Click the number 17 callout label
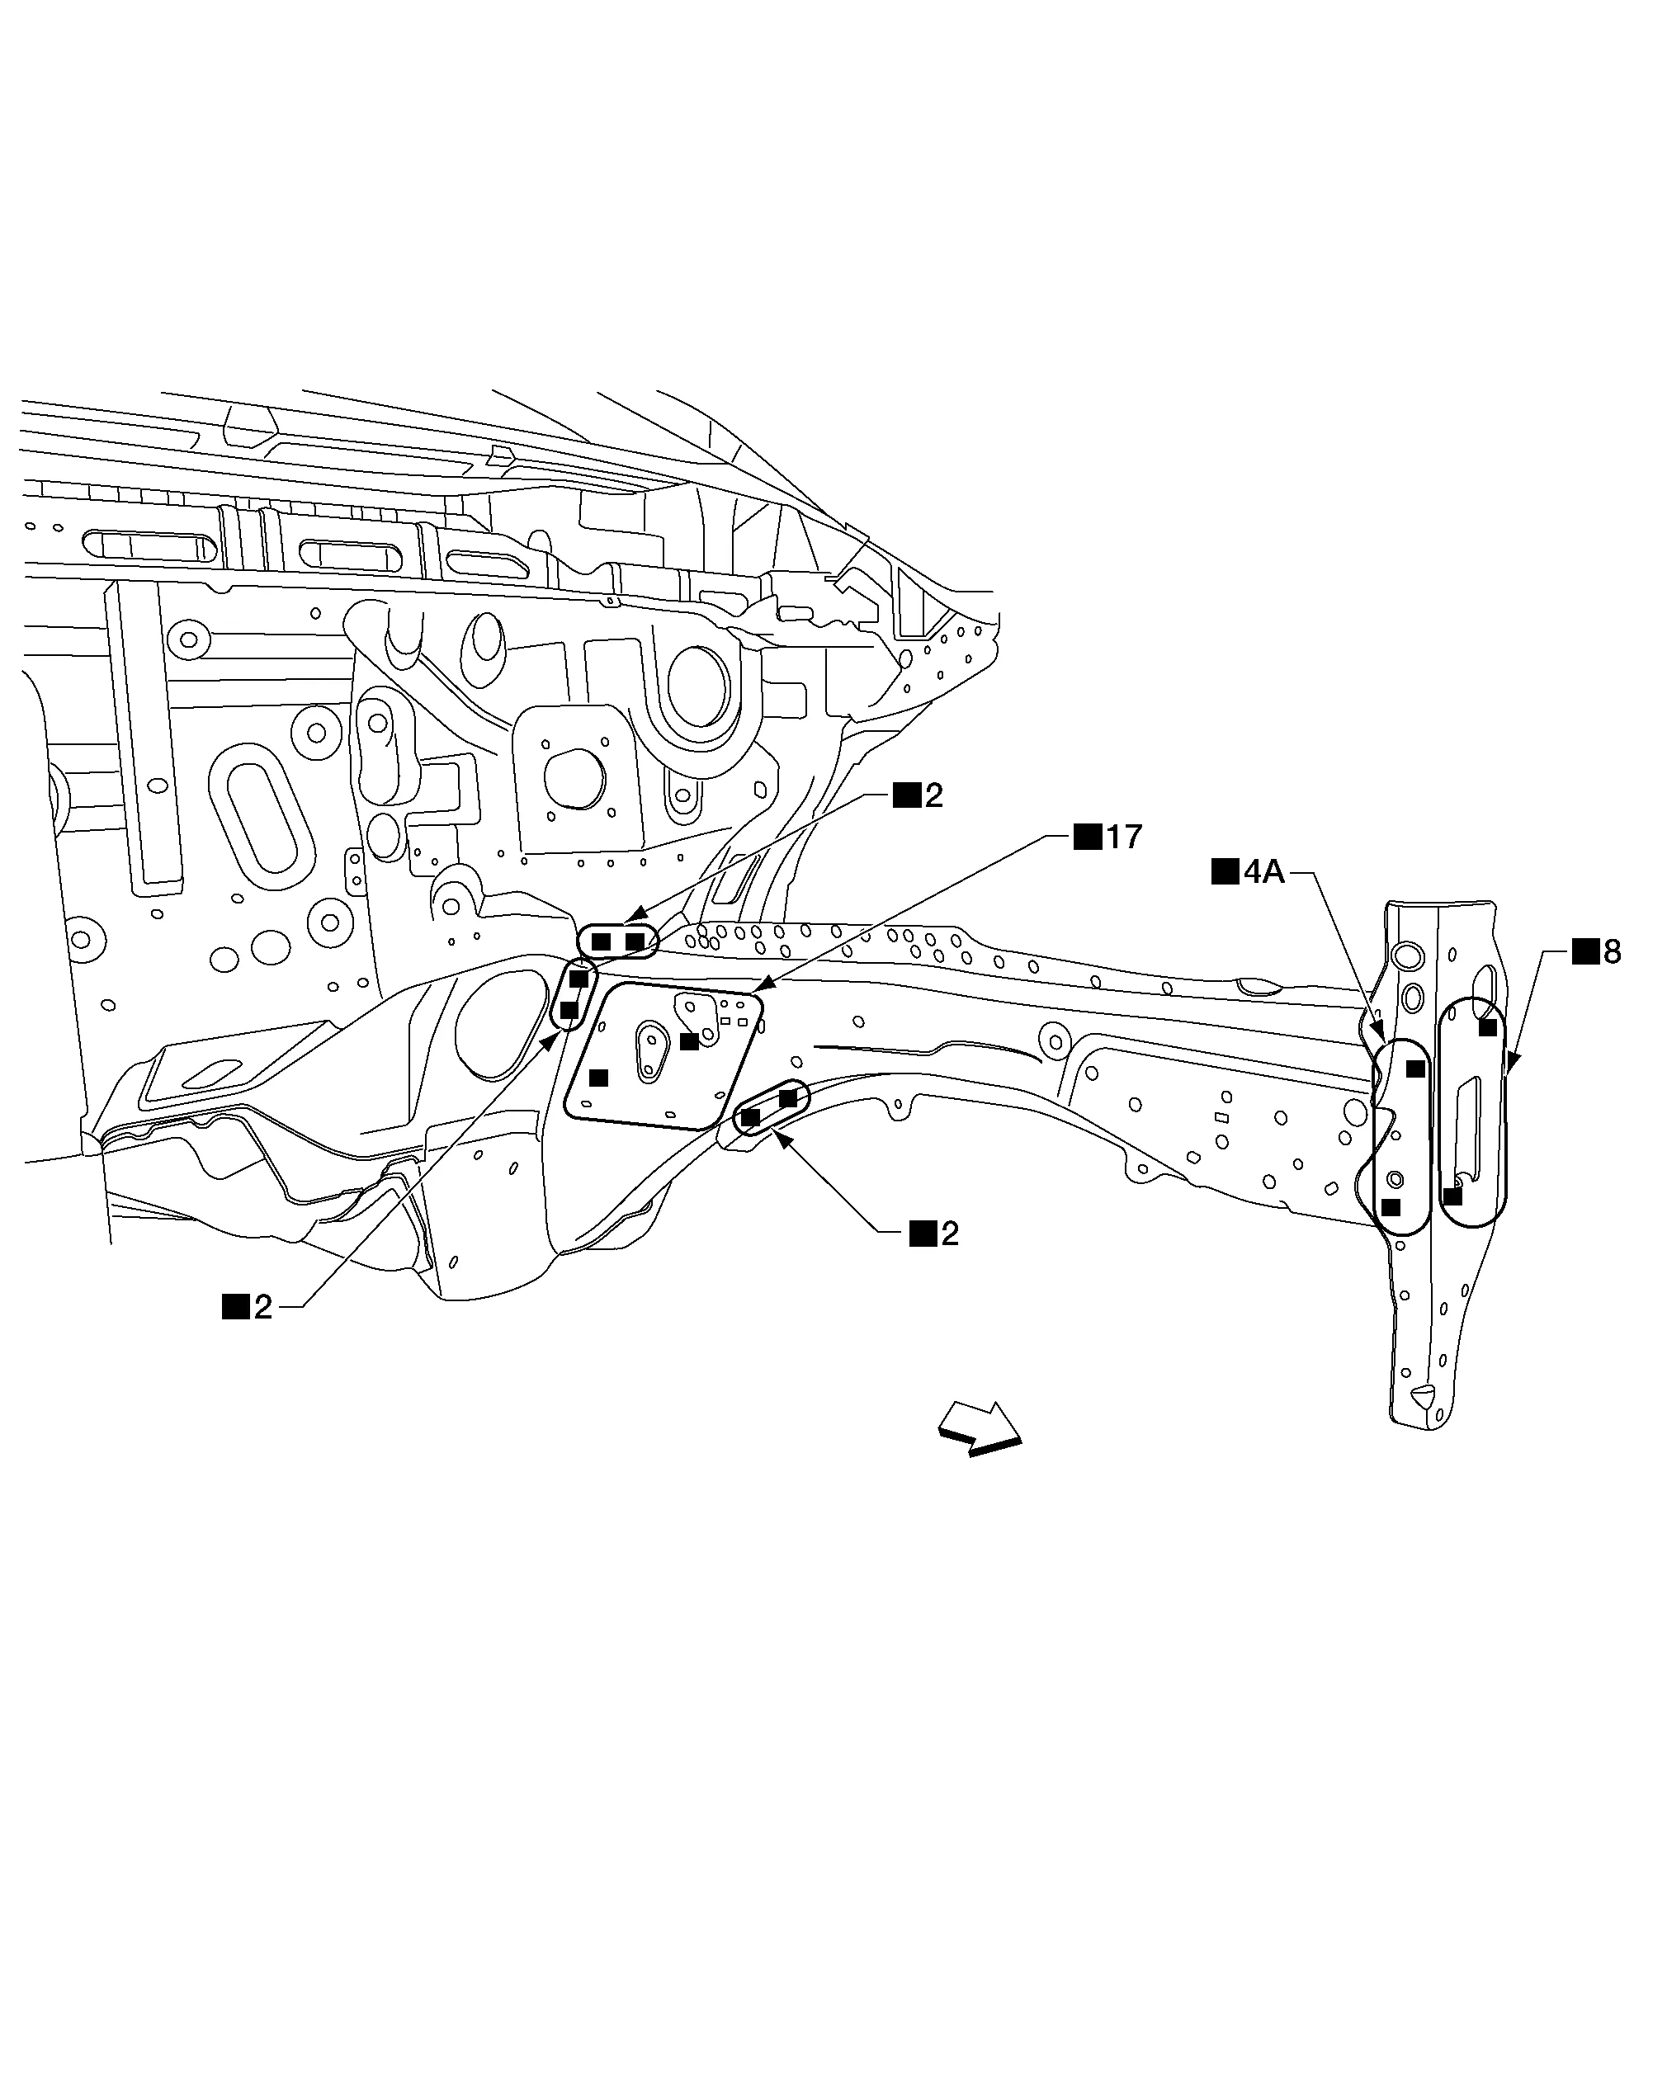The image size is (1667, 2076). coord(1123,837)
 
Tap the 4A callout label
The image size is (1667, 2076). coord(1263,872)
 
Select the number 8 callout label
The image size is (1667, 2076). coord(1611,952)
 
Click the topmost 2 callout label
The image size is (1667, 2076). coord(933,795)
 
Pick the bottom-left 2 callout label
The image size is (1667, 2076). coord(262,1307)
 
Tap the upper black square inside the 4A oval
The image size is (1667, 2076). coord(1415,1068)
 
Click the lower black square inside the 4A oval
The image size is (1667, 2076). coord(1391,1206)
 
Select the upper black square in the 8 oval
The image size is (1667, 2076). coord(1488,1027)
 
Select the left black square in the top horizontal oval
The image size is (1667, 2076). coord(601,941)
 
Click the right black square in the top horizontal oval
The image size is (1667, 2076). coord(635,941)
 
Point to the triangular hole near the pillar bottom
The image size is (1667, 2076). coord(1424,1394)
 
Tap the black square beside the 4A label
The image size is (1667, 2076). coord(1224,872)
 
